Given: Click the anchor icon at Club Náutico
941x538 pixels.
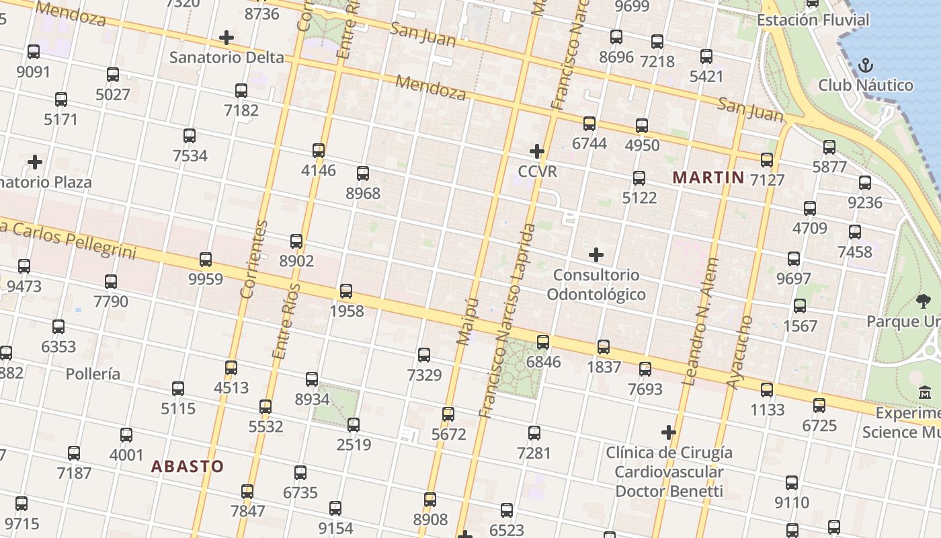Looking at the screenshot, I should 866,66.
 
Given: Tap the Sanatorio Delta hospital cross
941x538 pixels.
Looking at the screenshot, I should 227,37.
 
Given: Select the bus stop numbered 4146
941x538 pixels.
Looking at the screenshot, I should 319,150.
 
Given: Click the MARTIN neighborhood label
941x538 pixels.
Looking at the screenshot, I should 708,178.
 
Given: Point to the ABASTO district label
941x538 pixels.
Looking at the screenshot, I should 187,466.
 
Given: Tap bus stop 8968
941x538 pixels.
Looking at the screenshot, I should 363,174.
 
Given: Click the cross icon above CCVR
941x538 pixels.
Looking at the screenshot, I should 536,151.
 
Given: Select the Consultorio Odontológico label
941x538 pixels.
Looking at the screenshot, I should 596,284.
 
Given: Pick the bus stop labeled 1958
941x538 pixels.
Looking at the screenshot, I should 346,291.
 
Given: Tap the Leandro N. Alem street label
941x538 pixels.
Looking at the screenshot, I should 700,321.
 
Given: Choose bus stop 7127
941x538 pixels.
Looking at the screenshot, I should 767,160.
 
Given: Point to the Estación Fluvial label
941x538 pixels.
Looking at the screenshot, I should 813,20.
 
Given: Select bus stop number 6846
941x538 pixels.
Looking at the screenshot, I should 543,342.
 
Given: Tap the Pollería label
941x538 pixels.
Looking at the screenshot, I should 93,374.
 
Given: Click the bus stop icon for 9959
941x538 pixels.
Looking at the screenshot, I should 206,259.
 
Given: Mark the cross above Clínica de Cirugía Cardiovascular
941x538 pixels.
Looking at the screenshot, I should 668,432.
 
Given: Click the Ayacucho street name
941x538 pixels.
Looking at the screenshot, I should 739,352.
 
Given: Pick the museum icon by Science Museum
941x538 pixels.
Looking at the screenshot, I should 925,392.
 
